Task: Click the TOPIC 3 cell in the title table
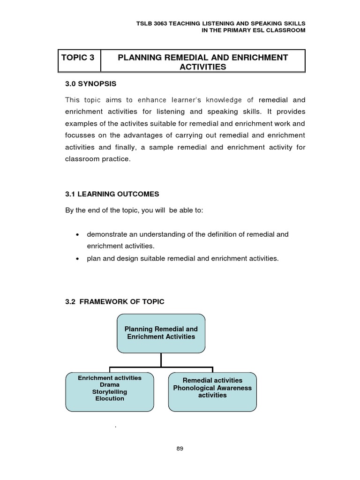pos(78,58)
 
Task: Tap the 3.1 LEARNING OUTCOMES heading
pos(112,194)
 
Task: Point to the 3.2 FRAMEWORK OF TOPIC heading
pos(115,301)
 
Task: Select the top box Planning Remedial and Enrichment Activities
pos(161,333)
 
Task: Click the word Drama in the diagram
pos(109,384)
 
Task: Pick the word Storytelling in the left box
pos(109,391)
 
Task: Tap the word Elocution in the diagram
pos(109,398)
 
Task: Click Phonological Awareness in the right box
pos(212,388)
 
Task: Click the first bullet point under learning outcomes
pos(77,234)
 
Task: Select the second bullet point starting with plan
pos(77,258)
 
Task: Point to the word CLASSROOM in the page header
pos(287,30)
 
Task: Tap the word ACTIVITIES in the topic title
pos(202,67)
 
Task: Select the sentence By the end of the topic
pos(134,210)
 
